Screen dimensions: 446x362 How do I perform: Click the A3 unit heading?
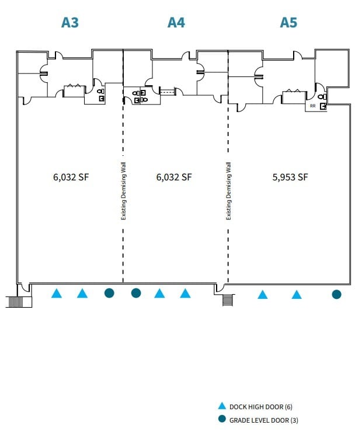pos(70,23)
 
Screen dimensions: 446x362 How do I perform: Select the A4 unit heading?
pos(176,23)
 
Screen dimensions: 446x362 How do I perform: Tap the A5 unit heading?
pos(288,23)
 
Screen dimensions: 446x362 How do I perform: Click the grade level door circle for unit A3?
pos(109,293)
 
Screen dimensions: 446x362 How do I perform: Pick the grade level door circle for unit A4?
pos(136,293)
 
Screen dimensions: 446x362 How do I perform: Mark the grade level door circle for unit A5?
pos(336,294)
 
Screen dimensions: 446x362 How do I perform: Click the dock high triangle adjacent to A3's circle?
pos(82,294)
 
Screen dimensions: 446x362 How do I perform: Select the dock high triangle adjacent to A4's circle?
pos(159,294)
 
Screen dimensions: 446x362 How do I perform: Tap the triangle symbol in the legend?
pos(221,406)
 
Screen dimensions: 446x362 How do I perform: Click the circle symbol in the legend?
pos(221,420)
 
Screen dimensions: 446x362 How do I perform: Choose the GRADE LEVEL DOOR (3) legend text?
pos(263,420)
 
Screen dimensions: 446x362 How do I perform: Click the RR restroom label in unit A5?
pos(312,106)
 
